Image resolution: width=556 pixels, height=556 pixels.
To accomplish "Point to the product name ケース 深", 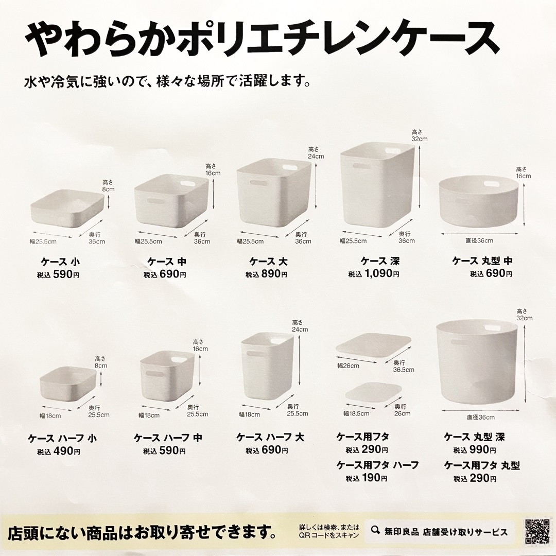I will (x=380, y=261).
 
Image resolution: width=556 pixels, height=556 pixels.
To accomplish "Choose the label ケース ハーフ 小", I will (x=62, y=439).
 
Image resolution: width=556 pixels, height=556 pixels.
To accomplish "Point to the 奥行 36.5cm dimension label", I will (x=403, y=366).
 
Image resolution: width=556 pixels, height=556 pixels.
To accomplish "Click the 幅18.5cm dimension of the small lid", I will (x=356, y=413).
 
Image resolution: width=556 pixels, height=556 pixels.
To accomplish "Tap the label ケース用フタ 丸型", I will (x=482, y=465).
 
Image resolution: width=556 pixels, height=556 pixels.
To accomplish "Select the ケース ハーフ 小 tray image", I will (x=68, y=384).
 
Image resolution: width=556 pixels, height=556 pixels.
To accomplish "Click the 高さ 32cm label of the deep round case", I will (x=525, y=314).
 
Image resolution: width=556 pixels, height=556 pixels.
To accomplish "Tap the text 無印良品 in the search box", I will (x=403, y=532).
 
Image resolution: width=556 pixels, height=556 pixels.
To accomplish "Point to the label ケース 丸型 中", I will (x=482, y=261).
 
